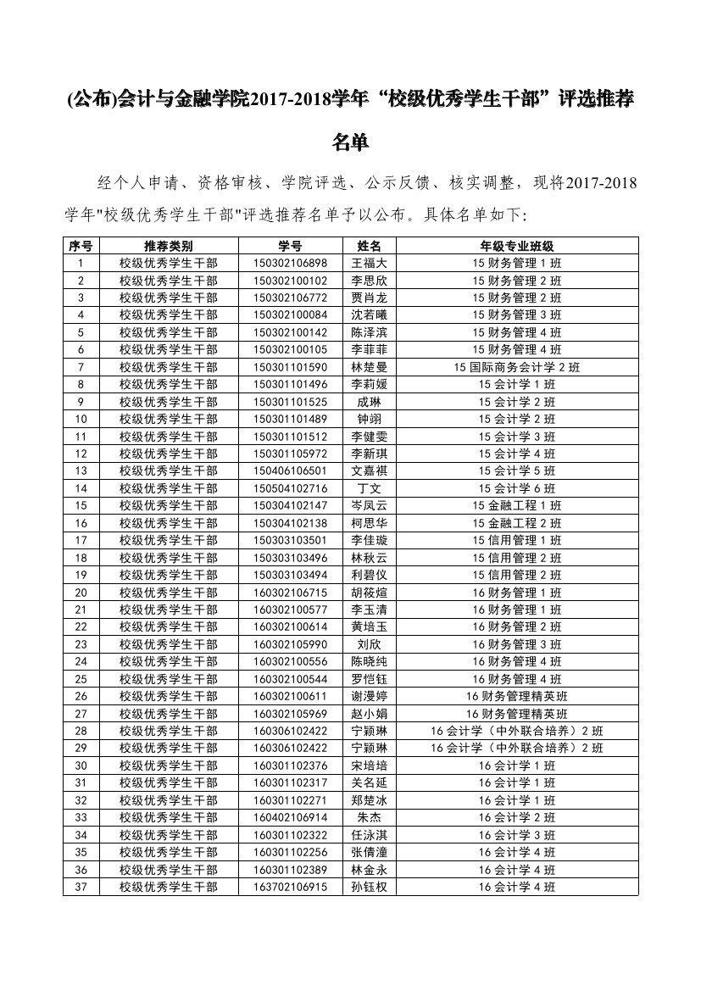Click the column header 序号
coord(81,246)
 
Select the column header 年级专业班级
coord(516,246)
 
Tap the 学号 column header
coord(289,246)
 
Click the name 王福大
coord(369,263)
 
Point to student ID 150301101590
coord(289,367)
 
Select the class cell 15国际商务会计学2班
coord(516,367)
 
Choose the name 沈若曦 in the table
coord(369,315)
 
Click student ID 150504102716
coord(289,488)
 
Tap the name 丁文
coord(369,488)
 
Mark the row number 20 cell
coord(81,593)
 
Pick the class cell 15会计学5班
coord(516,471)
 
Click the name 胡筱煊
coord(369,593)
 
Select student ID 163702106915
coord(289,887)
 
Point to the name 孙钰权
coord(369,887)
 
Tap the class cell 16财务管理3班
coord(516,644)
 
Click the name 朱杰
coord(369,817)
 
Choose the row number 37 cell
coord(81,887)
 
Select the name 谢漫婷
coord(369,696)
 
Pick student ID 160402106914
coord(289,817)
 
